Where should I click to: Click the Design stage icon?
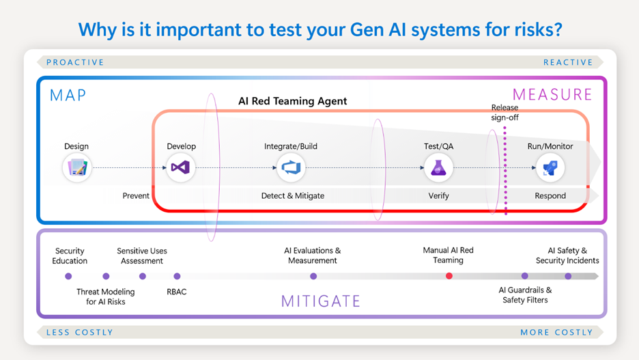[77, 167]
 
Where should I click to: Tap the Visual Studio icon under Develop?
[180, 167]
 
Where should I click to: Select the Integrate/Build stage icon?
[291, 167]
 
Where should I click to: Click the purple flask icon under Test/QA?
[438, 167]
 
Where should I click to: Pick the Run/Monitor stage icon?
[550, 167]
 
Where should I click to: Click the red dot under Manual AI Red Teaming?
[449, 276]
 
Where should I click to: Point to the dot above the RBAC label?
[177, 276]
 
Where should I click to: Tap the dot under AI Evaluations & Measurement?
[313, 276]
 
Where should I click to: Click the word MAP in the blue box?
[68, 96]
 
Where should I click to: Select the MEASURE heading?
[552, 94]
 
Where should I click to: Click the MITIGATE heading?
[321, 301]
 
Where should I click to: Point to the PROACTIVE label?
[75, 62]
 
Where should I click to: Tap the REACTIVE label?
[568, 62]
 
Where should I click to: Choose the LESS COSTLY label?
[80, 332]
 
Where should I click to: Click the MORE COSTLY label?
[556, 332]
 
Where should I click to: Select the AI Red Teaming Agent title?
[293, 101]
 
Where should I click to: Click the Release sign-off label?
[505, 113]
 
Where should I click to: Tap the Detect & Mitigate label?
[293, 195]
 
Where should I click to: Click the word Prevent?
[136, 195]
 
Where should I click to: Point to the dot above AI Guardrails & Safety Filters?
[525, 276]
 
